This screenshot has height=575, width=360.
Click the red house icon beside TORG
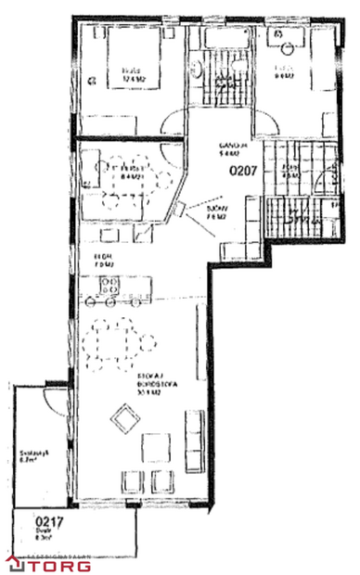14,563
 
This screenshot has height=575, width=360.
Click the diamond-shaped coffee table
123,421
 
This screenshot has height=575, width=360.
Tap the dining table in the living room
115,342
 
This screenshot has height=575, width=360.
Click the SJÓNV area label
214,212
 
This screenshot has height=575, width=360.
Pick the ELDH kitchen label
103,261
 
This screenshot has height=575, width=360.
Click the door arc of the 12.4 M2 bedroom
173,123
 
